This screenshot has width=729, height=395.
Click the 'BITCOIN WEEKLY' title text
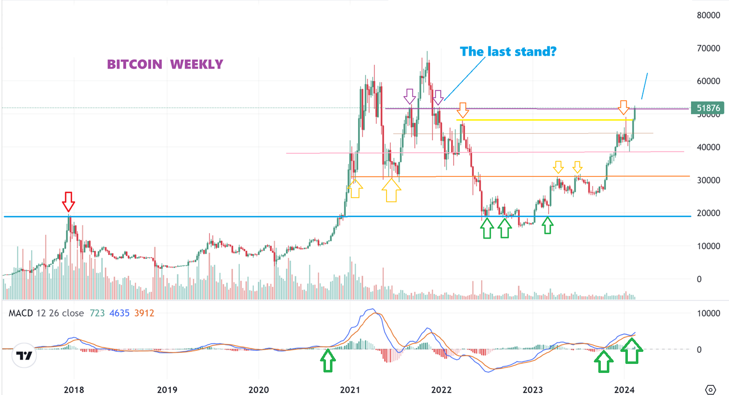point(165,65)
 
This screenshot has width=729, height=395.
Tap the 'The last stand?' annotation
point(508,51)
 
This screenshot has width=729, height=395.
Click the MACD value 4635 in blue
point(119,313)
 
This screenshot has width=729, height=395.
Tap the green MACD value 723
point(98,313)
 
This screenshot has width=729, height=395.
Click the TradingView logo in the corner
point(24,356)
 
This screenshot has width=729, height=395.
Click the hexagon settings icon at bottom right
point(710,389)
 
